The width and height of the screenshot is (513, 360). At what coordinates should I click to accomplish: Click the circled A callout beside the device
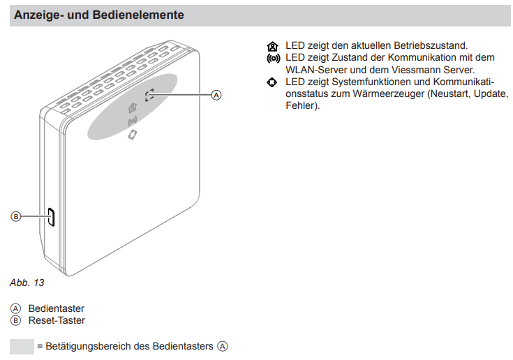[x=216, y=95]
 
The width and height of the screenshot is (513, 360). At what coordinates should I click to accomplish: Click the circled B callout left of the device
[x=15, y=216]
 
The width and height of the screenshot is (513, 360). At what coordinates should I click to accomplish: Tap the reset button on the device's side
[x=51, y=217]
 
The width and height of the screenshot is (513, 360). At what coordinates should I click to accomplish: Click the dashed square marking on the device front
[x=149, y=94]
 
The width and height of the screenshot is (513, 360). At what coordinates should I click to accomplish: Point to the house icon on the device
[x=133, y=107]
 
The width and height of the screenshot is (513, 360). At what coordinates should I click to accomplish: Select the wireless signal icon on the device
[x=132, y=121]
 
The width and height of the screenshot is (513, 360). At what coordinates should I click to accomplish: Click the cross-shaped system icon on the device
[x=133, y=135]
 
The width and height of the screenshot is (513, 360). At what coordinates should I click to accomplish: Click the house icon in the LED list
[x=272, y=47]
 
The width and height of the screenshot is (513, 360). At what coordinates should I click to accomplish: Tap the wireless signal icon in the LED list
[x=273, y=59]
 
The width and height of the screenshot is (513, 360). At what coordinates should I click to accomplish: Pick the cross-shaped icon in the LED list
[x=272, y=82]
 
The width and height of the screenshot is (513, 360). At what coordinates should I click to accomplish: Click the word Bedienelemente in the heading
[x=138, y=15]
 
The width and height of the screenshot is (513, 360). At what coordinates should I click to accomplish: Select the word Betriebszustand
[x=431, y=45]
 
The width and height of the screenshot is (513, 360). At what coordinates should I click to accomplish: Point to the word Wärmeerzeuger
[x=388, y=94]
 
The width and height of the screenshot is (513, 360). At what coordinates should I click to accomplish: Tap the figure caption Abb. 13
[x=27, y=283]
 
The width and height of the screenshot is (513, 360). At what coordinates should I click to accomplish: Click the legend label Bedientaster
[x=57, y=308]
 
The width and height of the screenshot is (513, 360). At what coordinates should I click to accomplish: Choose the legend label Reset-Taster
[x=57, y=320]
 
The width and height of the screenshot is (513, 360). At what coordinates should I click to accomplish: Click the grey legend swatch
[x=22, y=347]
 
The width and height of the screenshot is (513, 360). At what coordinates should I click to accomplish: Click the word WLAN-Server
[x=316, y=70]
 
